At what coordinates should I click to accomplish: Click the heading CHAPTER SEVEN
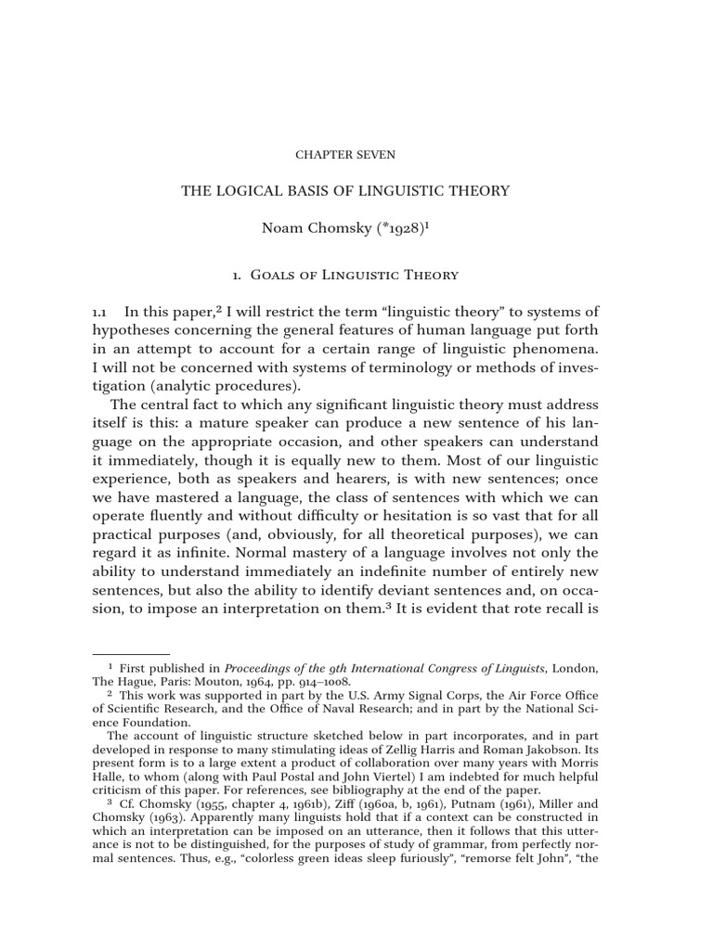(345, 153)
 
